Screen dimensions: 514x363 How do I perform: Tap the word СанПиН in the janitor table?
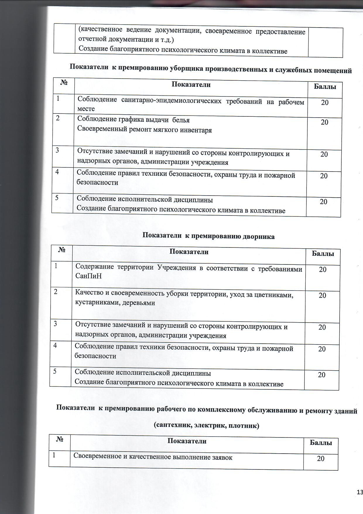tap(88, 276)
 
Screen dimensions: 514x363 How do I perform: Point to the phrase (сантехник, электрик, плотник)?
tap(207, 425)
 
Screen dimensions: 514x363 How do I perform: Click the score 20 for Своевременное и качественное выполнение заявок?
tap(321, 459)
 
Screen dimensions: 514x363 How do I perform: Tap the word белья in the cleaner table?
tap(181, 120)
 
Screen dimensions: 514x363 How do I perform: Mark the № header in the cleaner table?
tap(64, 83)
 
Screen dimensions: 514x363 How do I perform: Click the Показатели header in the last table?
tap(187, 441)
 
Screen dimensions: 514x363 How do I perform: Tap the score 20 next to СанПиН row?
tap(323, 269)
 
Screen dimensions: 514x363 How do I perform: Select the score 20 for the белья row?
tap(324, 122)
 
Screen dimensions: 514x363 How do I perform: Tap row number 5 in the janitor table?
tap(55, 371)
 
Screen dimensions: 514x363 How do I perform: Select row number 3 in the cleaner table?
tap(57, 150)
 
